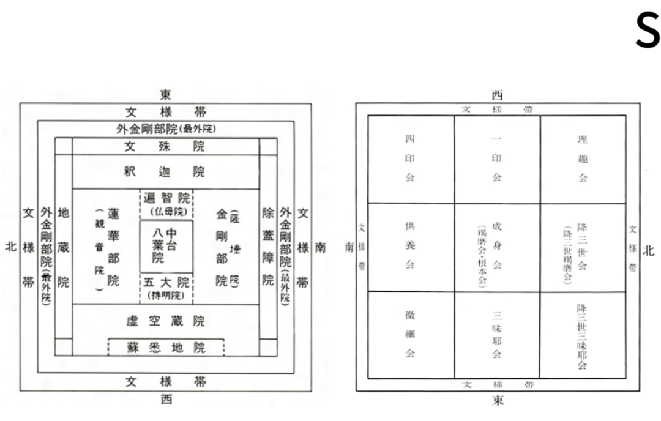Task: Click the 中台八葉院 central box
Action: [x=166, y=245]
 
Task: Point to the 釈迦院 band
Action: [x=165, y=172]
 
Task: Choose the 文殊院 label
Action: [x=165, y=146]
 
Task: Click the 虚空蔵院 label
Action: [x=165, y=321]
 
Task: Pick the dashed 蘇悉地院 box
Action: [x=166, y=348]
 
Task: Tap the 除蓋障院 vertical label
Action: [x=267, y=246]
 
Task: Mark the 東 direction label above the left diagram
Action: [x=166, y=95]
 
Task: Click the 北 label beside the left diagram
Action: [x=10, y=247]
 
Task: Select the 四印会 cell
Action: [x=410, y=159]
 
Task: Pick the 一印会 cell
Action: [x=497, y=159]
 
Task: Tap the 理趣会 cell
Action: [x=583, y=159]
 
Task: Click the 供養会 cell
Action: [x=410, y=247]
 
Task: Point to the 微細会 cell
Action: [x=410, y=335]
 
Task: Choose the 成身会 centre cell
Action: [x=497, y=247]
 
